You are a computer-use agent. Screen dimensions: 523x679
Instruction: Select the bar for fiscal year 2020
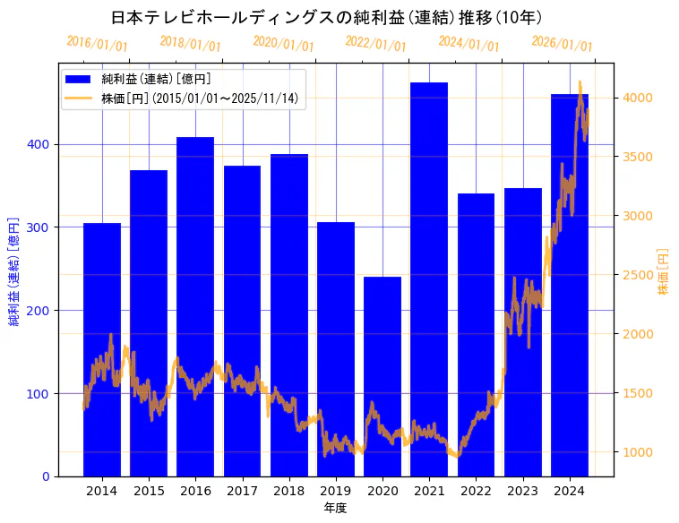pyautogui.click(x=382, y=376)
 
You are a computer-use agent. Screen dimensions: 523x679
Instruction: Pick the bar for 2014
pyautogui.click(x=102, y=349)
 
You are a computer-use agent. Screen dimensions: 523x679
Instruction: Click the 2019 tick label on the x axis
pyautogui.click(x=336, y=491)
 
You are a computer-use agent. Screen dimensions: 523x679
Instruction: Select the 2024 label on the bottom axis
pyautogui.click(x=570, y=491)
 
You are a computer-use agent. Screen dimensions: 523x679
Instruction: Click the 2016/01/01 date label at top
pyautogui.click(x=97, y=44)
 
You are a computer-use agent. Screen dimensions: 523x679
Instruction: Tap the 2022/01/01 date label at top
pyautogui.click(x=375, y=44)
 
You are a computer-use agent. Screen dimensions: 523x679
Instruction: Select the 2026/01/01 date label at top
pyautogui.click(x=562, y=44)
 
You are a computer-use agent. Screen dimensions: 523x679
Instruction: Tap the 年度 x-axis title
pyautogui.click(x=335, y=508)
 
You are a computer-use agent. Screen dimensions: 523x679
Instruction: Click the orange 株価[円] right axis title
pyautogui.click(x=664, y=271)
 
